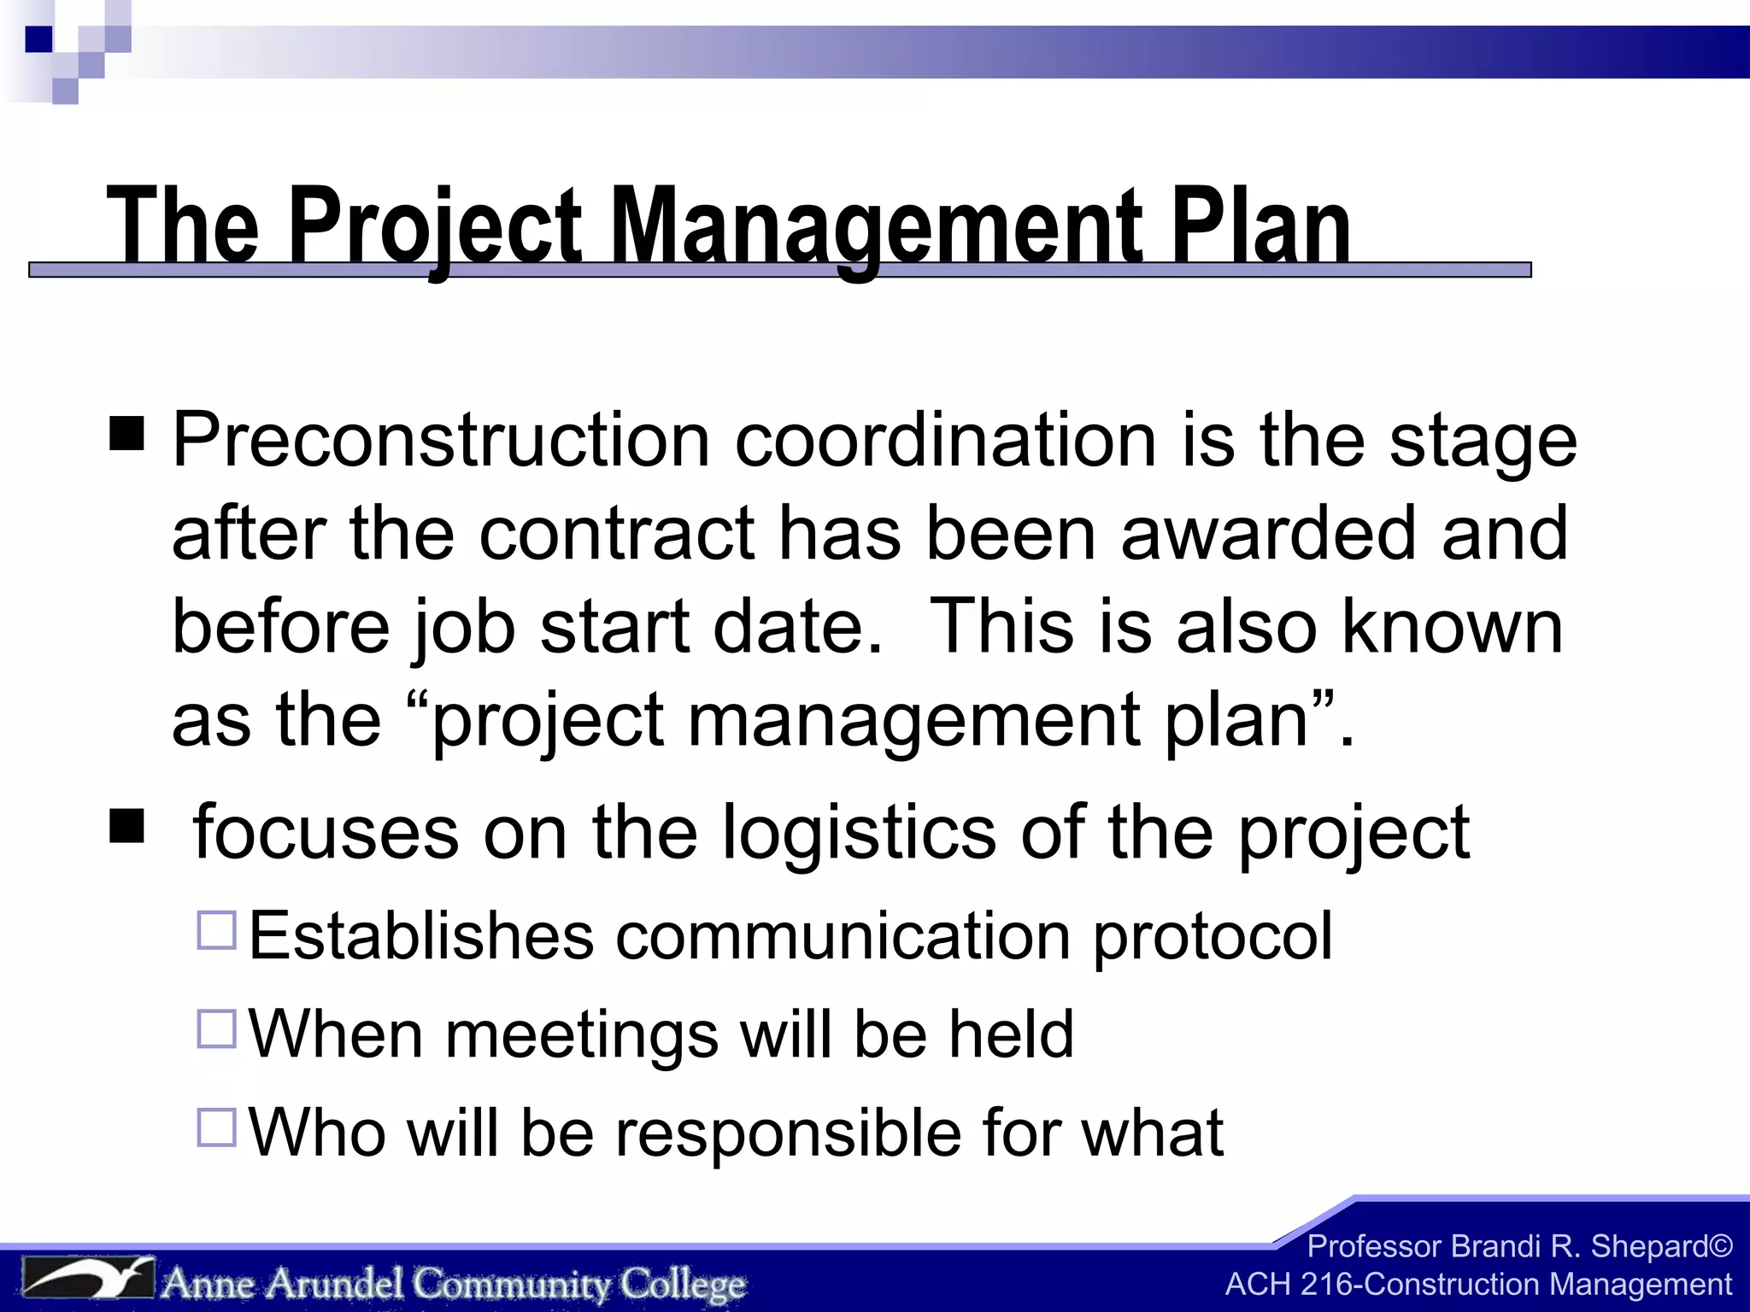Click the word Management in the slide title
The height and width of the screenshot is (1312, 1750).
pyautogui.click(x=880, y=226)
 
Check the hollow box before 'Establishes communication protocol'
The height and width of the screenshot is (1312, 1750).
pyautogui.click(x=216, y=931)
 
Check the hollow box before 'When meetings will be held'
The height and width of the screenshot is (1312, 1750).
pyautogui.click(x=216, y=1029)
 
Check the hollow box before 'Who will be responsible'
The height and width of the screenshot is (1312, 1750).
pyautogui.click(x=216, y=1127)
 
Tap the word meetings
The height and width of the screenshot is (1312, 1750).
pyautogui.click(x=581, y=1036)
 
